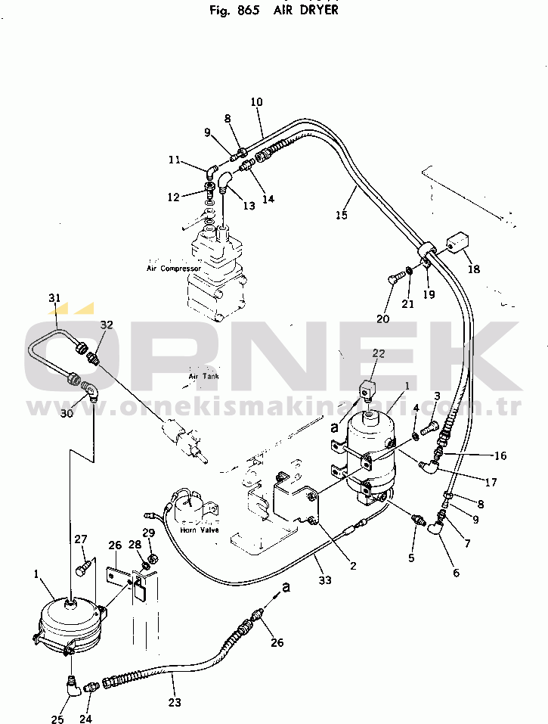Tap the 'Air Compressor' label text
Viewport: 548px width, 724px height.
(x=174, y=269)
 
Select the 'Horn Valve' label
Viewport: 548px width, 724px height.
(x=199, y=530)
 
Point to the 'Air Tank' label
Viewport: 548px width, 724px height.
(x=203, y=376)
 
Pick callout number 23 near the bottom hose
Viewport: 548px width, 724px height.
(x=175, y=701)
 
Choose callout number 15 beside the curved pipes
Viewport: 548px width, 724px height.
(x=341, y=215)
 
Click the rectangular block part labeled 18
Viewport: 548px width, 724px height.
(x=457, y=244)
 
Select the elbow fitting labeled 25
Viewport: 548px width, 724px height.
(x=73, y=685)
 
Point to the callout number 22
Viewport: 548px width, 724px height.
(x=379, y=353)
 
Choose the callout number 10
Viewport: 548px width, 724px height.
(x=256, y=102)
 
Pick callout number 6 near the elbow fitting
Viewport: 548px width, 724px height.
(x=456, y=572)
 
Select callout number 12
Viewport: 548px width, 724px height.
(x=173, y=197)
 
